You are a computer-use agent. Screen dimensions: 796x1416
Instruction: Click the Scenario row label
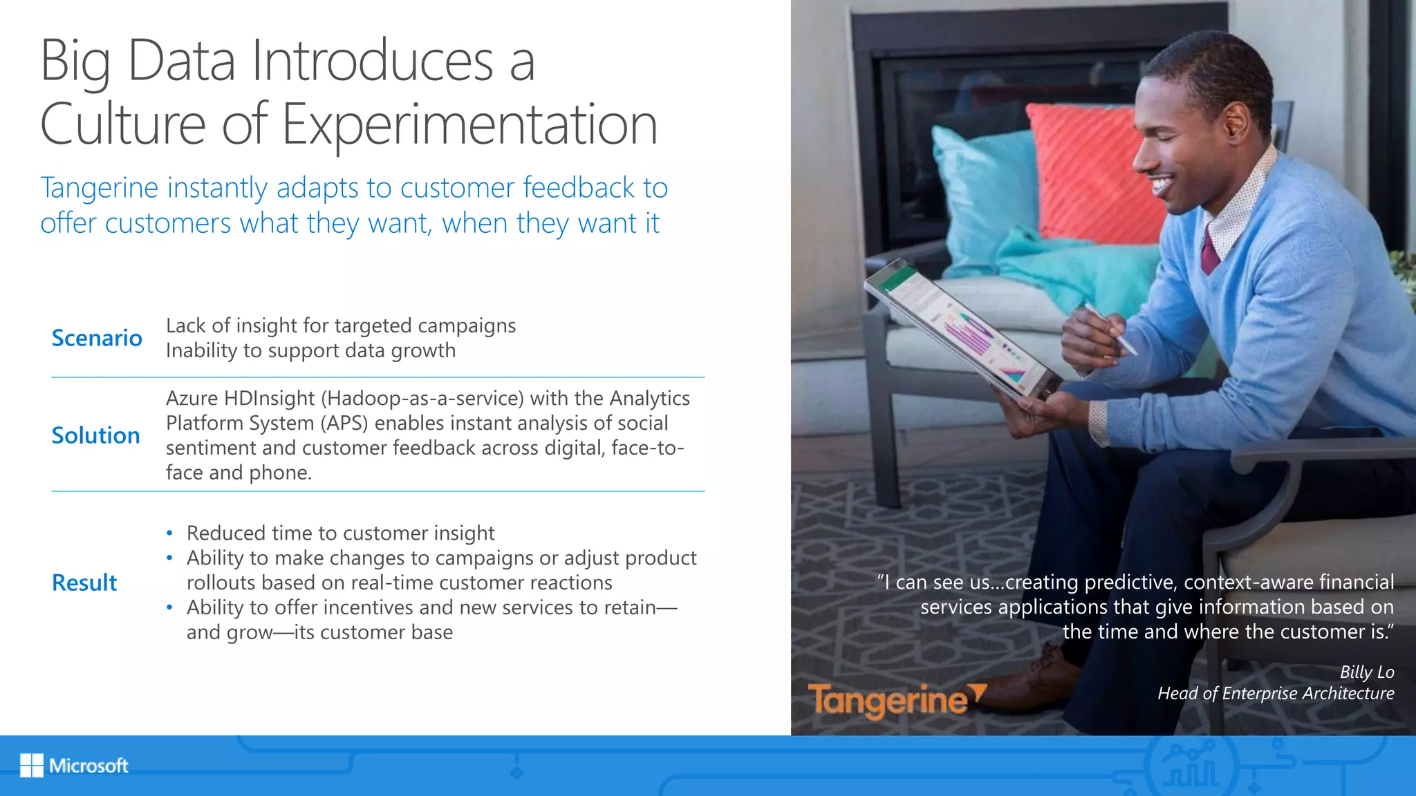97,338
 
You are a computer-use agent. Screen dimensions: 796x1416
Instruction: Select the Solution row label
96,435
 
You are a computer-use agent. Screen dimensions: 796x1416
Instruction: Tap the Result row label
84,582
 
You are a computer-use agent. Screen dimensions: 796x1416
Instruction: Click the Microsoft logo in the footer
74,766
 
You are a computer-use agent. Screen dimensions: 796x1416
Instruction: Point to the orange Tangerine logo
896,700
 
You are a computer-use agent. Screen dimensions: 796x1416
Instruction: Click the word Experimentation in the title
469,125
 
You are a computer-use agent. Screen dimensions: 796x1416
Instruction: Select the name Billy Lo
1366,672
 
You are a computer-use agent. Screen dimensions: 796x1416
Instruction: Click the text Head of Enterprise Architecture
1276,693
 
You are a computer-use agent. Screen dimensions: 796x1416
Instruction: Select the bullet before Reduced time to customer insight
169,533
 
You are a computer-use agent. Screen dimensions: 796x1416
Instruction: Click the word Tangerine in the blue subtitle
99,189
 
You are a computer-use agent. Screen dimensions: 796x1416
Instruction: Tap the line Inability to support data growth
310,350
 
